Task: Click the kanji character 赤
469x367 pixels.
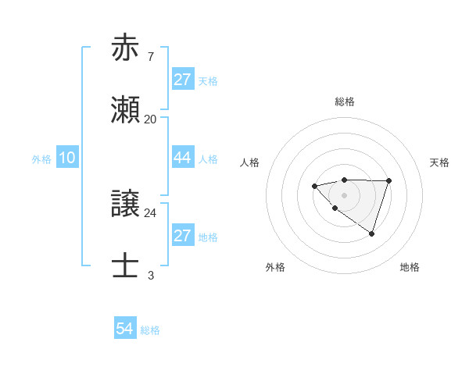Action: pos(126,48)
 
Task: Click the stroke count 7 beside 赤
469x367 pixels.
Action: pos(150,57)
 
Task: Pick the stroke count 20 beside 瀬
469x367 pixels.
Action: pos(150,119)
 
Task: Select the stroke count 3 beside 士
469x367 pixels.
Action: pos(150,276)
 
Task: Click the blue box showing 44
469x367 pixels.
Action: pos(182,158)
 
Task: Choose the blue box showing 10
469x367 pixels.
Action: pos(67,158)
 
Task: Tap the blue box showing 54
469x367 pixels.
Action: pos(125,329)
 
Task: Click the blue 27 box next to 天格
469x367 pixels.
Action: pos(182,80)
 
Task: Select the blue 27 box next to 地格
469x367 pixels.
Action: pos(182,236)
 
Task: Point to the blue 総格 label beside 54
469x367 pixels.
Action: pos(150,330)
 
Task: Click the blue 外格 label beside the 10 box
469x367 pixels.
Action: pos(41,159)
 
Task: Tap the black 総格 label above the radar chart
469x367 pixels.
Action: pos(344,102)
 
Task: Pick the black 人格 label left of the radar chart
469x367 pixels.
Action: pos(250,162)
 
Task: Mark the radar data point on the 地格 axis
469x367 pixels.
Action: pos(372,233)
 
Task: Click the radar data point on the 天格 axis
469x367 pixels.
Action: pos(389,181)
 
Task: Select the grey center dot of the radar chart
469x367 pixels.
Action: pos(344,195)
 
